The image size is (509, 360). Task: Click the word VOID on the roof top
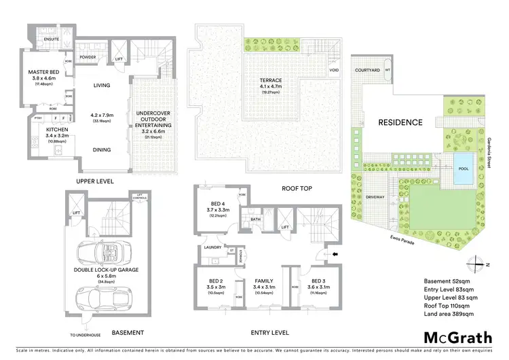pyautogui.click(x=333, y=70)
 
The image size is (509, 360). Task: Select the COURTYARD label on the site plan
pyautogui.click(x=367, y=70)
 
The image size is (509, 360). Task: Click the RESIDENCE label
pyautogui.click(x=401, y=122)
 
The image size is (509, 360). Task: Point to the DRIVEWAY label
pyautogui.click(x=375, y=197)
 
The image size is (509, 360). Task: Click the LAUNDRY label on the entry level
pyautogui.click(x=212, y=247)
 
